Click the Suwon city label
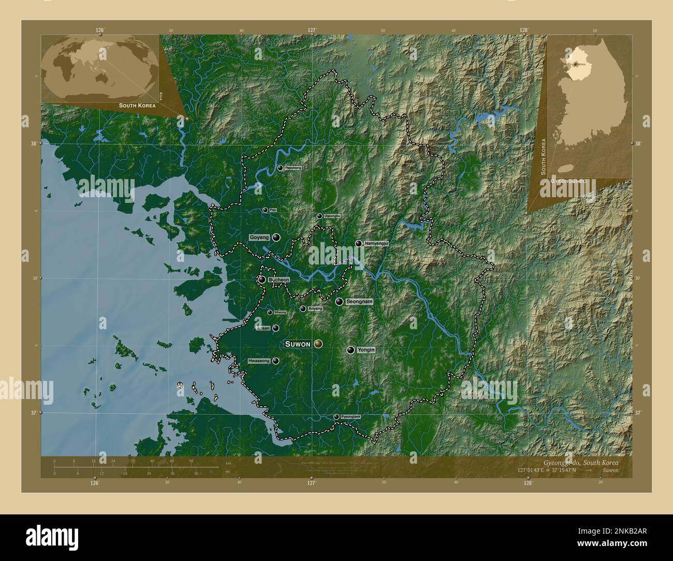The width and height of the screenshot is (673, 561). click(298, 344)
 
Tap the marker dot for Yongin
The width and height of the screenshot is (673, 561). click(351, 350)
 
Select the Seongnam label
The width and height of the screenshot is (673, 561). click(359, 301)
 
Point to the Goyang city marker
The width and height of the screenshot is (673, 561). click(276, 238)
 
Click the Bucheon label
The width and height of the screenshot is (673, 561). click(279, 280)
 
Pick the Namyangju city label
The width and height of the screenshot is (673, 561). click(376, 243)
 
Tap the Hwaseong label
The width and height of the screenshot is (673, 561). click(259, 361)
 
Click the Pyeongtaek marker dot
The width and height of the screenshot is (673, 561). click(336, 417)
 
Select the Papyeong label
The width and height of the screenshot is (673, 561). click(292, 168)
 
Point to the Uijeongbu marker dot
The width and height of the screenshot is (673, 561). click(319, 216)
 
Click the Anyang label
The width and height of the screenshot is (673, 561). click(315, 309)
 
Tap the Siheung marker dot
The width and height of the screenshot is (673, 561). click(270, 313)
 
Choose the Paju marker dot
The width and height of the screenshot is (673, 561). click(265, 210)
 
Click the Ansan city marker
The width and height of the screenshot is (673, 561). click(276, 328)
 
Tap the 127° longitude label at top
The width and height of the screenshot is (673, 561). click(312, 31)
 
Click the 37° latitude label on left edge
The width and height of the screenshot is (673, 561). click(33, 413)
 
